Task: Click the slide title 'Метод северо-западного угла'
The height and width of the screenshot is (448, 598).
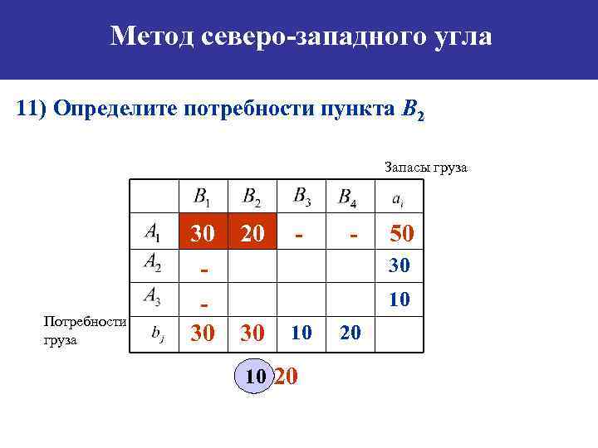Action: (x=301, y=36)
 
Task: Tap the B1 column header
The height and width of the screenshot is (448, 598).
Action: (x=202, y=197)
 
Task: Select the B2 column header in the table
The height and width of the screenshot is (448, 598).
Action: (x=251, y=197)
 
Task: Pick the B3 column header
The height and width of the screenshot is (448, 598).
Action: (x=302, y=197)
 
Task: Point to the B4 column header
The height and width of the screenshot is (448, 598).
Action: (x=348, y=198)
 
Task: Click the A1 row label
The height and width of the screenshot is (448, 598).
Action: (x=153, y=232)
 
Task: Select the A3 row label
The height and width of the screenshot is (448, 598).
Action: (x=153, y=295)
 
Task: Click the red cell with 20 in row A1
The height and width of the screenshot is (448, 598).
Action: (x=252, y=234)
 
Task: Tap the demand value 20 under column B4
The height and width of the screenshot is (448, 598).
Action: (x=350, y=333)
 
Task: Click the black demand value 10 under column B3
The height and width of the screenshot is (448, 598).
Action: (x=301, y=333)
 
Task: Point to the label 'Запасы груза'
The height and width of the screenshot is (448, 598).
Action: (x=426, y=168)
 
